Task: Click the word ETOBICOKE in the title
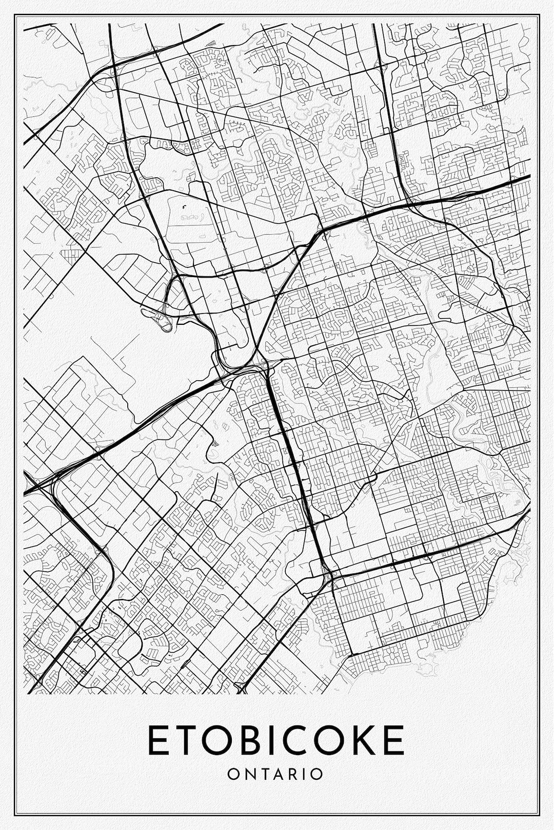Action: tap(276, 740)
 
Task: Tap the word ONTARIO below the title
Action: tap(275, 773)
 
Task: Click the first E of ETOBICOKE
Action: tap(157, 740)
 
